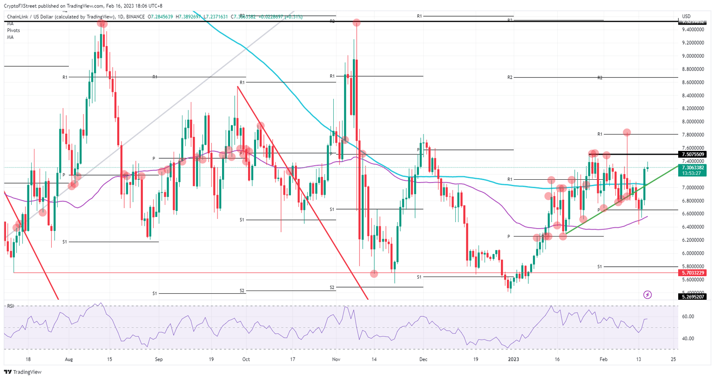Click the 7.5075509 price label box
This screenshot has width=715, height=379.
tap(693, 154)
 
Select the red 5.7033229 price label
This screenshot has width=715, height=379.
tap(693, 273)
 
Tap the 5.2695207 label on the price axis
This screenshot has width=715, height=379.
tap(693, 297)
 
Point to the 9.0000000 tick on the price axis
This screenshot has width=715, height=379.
tap(693, 56)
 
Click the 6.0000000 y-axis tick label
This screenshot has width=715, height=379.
tap(693, 254)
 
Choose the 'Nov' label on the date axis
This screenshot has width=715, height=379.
tap(336, 359)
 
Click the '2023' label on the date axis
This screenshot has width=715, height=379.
tap(513, 359)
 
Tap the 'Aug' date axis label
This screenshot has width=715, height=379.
tap(69, 359)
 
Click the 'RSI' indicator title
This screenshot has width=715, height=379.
tap(10, 306)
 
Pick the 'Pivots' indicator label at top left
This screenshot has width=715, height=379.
tap(13, 30)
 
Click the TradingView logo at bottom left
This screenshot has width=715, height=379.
tap(22, 372)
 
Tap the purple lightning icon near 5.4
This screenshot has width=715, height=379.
tap(647, 295)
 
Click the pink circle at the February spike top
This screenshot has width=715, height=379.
tap(627, 133)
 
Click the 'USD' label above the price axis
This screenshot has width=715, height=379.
tap(686, 17)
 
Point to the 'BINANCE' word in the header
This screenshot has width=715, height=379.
tap(135, 17)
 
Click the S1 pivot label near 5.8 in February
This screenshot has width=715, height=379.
tap(600, 267)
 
